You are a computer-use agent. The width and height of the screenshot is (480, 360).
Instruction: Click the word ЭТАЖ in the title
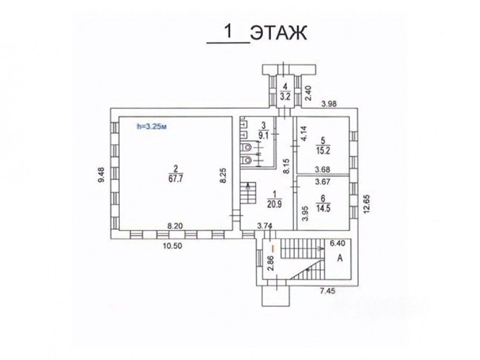pyautogui.click(x=279, y=32)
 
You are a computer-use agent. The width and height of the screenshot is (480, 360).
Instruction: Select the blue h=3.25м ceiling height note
pyautogui.click(x=152, y=126)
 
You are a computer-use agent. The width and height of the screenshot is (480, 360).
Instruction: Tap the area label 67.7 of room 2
pyautogui.click(x=175, y=179)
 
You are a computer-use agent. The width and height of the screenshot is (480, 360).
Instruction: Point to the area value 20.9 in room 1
pyautogui.click(x=274, y=204)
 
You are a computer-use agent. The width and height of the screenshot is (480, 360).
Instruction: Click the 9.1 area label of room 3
pyautogui.click(x=263, y=135)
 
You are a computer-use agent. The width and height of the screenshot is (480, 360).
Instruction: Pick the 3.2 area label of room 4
pyautogui.click(x=285, y=97)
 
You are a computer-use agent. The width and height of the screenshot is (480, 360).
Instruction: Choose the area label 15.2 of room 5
pyautogui.click(x=323, y=150)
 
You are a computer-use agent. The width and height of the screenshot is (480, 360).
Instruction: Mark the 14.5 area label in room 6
pyautogui.click(x=323, y=209)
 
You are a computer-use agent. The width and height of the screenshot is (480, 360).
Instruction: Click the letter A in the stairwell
pyautogui.click(x=339, y=258)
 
